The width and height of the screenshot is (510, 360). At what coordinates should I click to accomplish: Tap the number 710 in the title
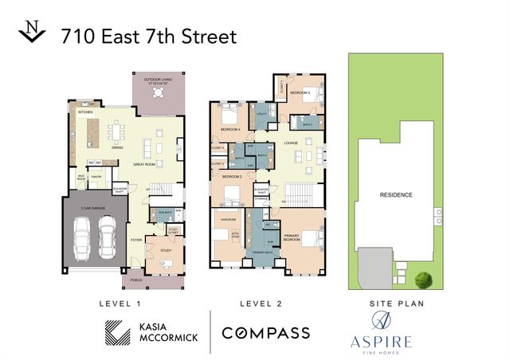click(76, 36)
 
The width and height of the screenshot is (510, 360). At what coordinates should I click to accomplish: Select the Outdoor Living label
click(158, 79)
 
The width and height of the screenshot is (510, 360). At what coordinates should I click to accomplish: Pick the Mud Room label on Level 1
click(80, 178)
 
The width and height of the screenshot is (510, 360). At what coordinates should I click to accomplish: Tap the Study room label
click(166, 250)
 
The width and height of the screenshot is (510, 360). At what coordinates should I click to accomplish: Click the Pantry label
click(98, 178)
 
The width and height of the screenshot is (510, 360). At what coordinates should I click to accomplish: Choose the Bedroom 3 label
click(300, 93)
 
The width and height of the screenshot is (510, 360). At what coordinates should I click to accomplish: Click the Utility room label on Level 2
click(261, 115)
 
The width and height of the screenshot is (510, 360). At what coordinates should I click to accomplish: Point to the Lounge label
click(290, 143)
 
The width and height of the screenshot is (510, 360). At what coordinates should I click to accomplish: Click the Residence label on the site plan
click(395, 194)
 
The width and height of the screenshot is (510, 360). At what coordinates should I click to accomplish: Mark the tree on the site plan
click(424, 279)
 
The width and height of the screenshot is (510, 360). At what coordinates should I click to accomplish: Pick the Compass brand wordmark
click(265, 332)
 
